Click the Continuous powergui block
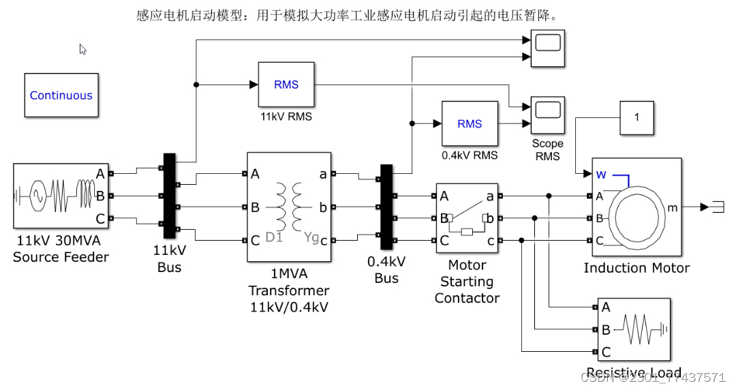[61, 95]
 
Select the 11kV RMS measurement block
[286, 85]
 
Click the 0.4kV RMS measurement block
[470, 123]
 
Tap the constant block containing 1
[637, 117]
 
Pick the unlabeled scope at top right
[548, 49]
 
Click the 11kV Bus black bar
[169, 197]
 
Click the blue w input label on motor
[601, 174]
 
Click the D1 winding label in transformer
[274, 237]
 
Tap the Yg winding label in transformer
[311, 237]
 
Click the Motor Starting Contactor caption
[467, 282]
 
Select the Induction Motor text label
[637, 268]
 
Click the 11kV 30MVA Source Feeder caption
[61, 249]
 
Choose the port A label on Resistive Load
[606, 307]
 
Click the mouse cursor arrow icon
[82, 49]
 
